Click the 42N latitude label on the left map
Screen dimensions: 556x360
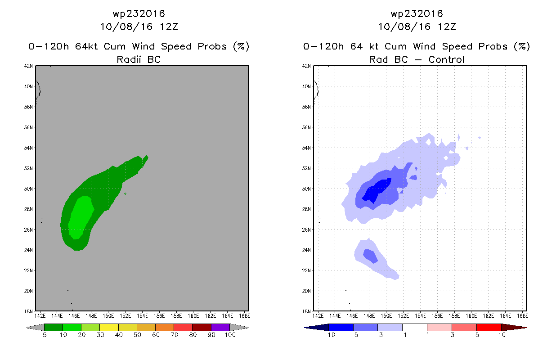tap(28, 66)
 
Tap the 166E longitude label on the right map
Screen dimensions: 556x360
tap(523, 316)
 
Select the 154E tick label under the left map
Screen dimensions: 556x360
tap(142, 316)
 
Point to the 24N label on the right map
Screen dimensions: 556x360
tap(306, 250)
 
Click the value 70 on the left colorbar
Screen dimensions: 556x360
tap(174, 335)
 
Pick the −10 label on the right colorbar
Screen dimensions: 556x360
tap(329, 335)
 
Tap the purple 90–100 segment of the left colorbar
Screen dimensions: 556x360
tap(220, 327)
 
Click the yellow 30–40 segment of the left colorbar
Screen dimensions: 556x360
tap(109, 327)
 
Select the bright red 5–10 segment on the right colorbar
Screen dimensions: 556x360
tap(489, 327)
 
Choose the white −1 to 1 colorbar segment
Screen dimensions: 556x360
tap(415, 327)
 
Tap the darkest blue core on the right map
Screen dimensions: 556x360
tap(376, 191)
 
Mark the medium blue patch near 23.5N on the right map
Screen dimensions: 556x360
tap(370, 256)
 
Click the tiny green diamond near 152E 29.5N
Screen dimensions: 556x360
tap(126, 193)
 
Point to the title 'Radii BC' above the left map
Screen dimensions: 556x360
tap(139, 59)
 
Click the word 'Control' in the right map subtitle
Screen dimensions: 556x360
tap(446, 59)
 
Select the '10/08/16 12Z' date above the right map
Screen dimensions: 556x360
tap(417, 27)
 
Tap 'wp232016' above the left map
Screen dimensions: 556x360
tap(139, 13)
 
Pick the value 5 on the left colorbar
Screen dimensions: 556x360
tap(45, 335)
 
